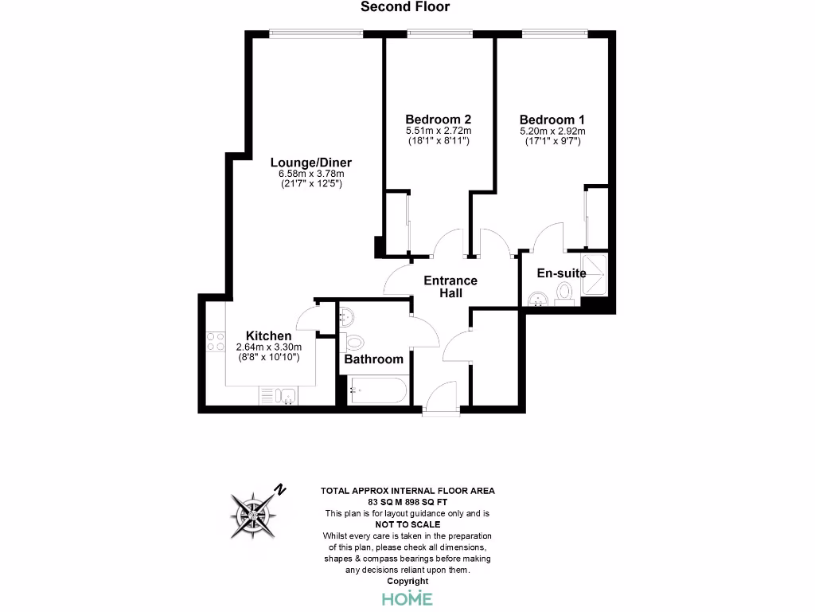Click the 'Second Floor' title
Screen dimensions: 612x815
point(405,7)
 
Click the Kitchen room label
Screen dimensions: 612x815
point(267,335)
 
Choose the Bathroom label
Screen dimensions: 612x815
point(374,359)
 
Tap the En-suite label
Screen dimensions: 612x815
point(561,273)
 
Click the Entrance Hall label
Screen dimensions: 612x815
point(450,287)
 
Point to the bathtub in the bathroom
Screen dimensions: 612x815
point(378,390)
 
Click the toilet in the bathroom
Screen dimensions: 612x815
point(355,343)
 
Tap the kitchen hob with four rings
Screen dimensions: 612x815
point(215,342)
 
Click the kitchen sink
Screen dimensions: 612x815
point(287,395)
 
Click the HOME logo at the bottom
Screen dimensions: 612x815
point(407,598)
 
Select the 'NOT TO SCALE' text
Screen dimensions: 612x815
point(407,524)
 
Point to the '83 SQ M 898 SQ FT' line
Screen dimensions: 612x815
point(407,503)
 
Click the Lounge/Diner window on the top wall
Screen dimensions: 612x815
point(316,33)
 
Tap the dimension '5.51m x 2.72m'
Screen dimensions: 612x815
point(439,131)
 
